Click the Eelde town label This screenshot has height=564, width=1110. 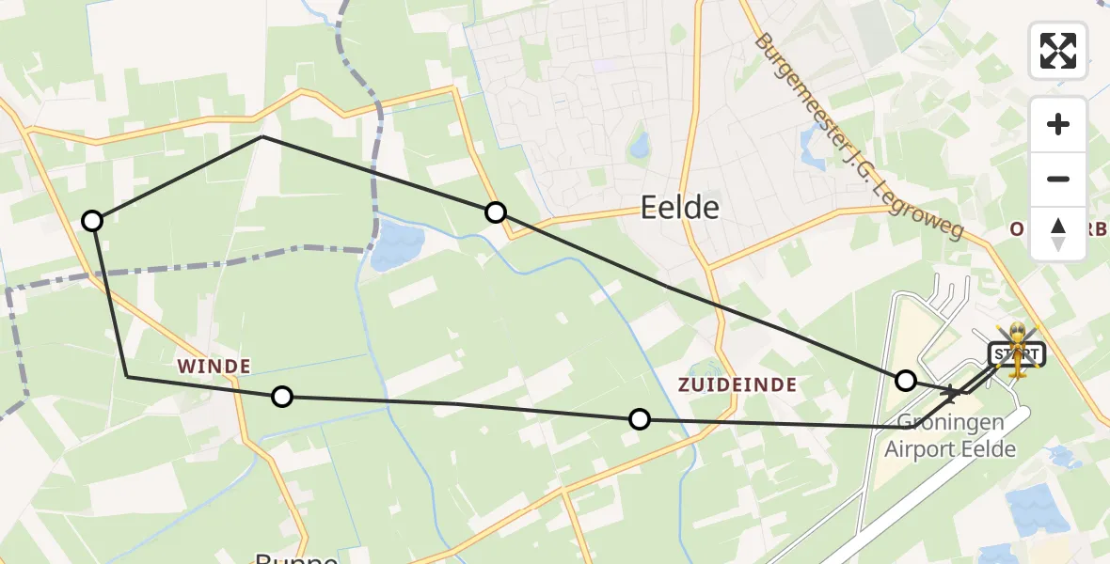click(x=679, y=208)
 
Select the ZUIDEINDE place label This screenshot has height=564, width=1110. click(x=737, y=384)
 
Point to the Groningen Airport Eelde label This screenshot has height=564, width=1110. click(x=950, y=436)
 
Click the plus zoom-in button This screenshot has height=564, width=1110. click(x=1058, y=124)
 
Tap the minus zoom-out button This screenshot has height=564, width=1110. click(x=1058, y=179)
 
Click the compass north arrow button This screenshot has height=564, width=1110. click(x=1058, y=233)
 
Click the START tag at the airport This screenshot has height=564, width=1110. click(x=1014, y=354)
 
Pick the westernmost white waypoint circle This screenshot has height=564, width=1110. click(x=92, y=221)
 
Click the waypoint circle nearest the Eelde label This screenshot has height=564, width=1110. click(x=496, y=212)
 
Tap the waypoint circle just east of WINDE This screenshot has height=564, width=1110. click(x=282, y=397)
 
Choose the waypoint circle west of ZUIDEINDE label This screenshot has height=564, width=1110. click(x=640, y=419)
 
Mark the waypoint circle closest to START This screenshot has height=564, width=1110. click(x=906, y=381)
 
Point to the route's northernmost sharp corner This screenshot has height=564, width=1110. click(x=262, y=136)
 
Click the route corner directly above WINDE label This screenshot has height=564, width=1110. click(x=127, y=376)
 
